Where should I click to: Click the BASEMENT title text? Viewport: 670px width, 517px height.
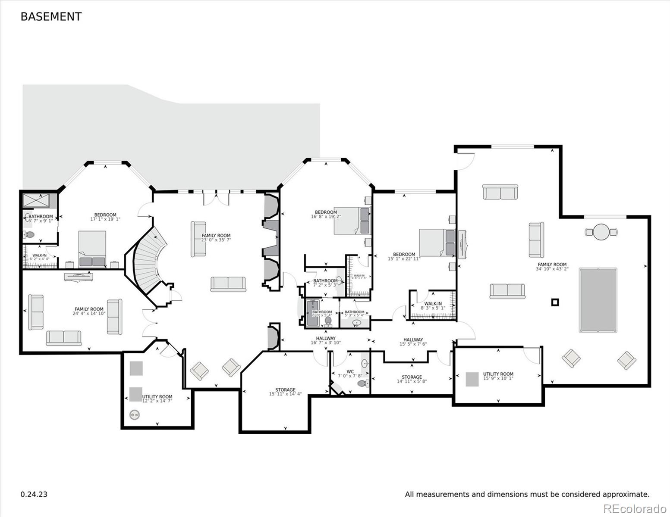coord(51,16)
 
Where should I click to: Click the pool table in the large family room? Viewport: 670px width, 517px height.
coord(598,300)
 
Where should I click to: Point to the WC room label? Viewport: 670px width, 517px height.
coord(350,371)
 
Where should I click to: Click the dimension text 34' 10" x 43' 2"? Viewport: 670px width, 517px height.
coord(552,269)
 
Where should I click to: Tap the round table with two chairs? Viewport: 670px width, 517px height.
coord(601,232)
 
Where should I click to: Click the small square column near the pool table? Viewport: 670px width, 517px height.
coord(555,302)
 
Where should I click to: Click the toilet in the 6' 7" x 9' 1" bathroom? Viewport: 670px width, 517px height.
coord(30,235)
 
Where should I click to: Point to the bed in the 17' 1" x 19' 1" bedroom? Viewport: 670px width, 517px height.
coord(92,249)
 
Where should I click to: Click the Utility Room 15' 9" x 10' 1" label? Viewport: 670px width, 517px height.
coord(498,376)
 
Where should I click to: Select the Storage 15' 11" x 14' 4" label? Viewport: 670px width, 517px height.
coord(285,392)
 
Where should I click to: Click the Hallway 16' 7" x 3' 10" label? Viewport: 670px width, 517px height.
coord(326,340)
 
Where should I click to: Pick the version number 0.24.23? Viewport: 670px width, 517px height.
coord(34,494)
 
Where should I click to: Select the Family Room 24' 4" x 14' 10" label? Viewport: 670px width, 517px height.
coord(89,311)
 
